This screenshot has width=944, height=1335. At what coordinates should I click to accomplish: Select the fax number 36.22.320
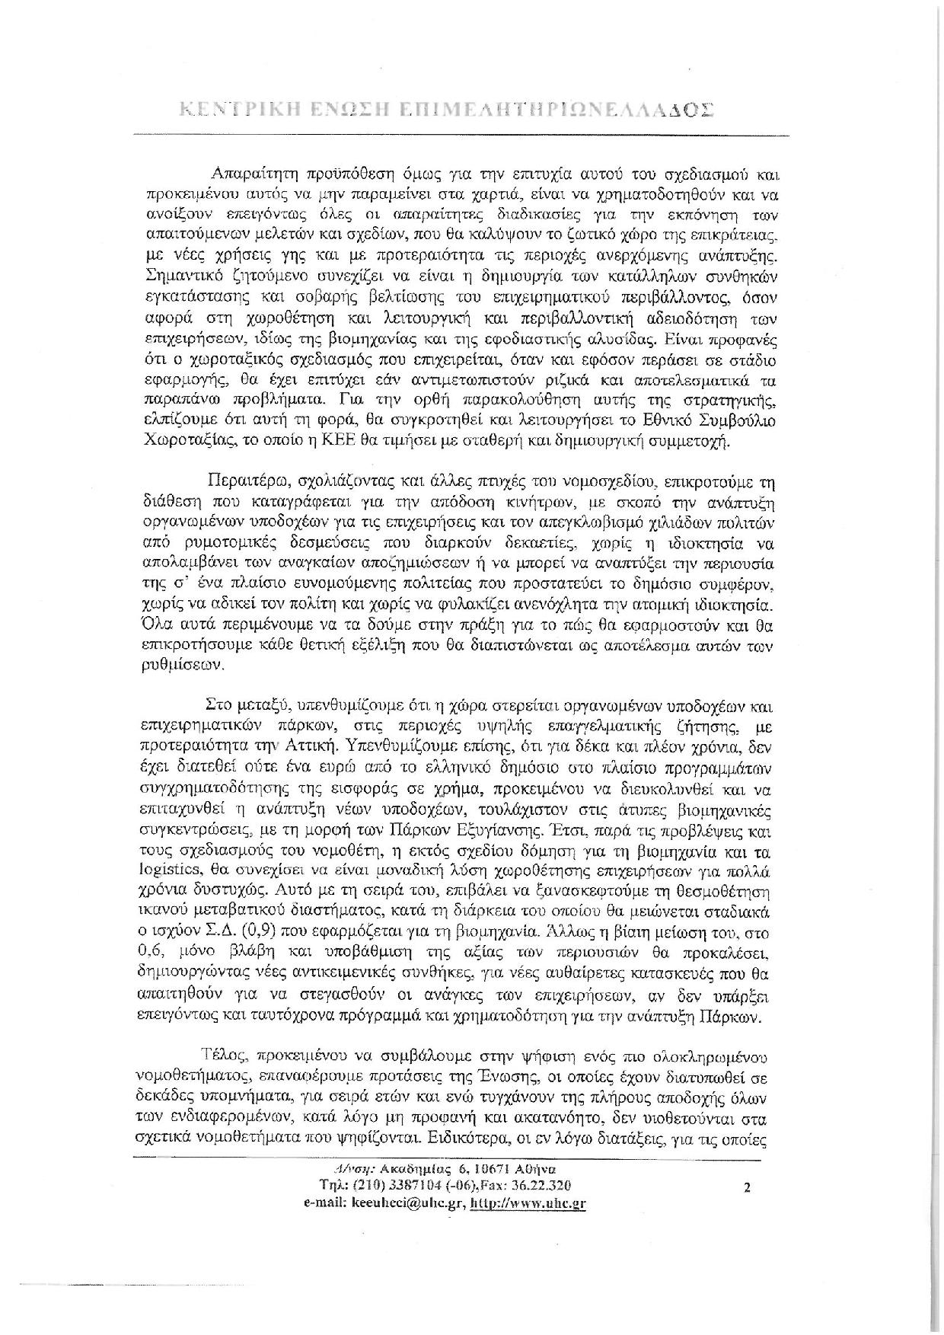544,1186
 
